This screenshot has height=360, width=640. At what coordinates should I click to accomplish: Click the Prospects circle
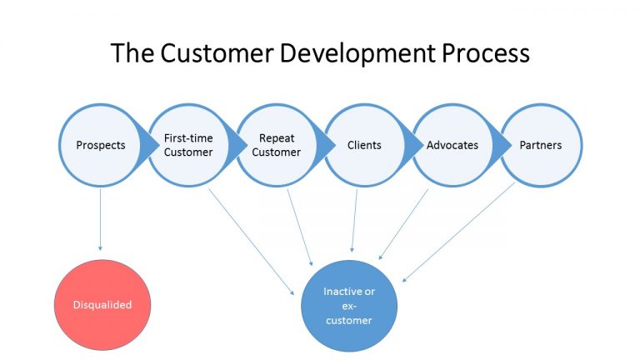tap(100, 145)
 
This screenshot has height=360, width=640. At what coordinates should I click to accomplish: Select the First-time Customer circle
tap(187, 145)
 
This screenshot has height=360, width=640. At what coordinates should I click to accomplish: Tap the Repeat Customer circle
tap(277, 145)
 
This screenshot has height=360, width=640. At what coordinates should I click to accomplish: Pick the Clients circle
tap(364, 145)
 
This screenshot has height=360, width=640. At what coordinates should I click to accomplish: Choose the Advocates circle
tap(452, 145)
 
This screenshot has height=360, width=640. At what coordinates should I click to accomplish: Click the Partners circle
tap(541, 145)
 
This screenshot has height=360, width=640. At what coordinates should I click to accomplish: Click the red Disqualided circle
tap(99, 305)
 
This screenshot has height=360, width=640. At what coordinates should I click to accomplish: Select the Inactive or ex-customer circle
tap(348, 305)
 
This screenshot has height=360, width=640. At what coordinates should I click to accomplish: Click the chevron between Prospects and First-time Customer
tap(152, 145)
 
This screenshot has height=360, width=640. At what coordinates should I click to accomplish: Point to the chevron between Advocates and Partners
tap(503, 145)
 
